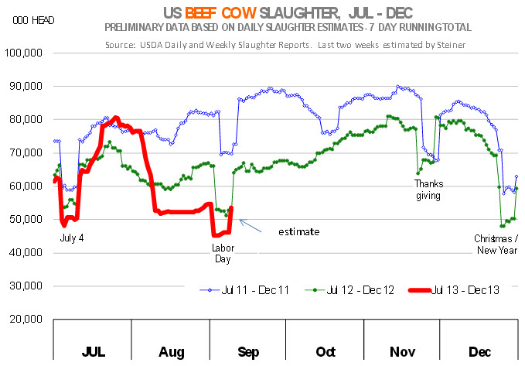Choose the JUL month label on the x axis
click(93, 352)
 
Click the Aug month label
click(171, 352)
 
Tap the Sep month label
click(248, 352)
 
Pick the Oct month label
click(326, 352)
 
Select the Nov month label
click(403, 352)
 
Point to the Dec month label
click(479, 352)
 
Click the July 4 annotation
click(71, 238)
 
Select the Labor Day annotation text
click(223, 254)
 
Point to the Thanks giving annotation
click(427, 190)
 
